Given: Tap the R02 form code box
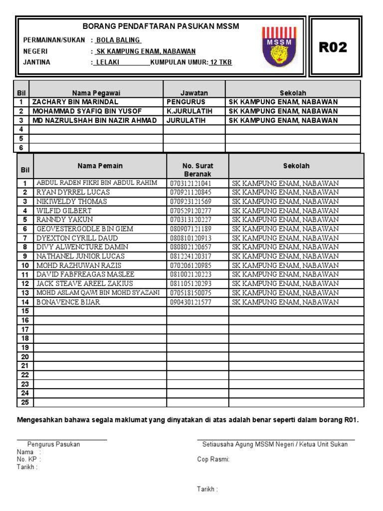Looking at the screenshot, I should pos(333,47).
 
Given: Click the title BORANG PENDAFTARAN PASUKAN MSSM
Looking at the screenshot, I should pos(161,26).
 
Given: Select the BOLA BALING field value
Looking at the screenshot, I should pos(118,40).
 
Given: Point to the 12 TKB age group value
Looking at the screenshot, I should pos(220,62).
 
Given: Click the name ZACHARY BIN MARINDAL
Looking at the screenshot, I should pos(75,102).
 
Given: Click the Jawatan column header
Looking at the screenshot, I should pos(194,93).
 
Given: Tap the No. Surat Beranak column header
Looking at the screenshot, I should pos(197,170).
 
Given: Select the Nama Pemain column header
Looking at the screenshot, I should pos(100,166).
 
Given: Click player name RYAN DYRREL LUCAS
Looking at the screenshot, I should pos(73,192).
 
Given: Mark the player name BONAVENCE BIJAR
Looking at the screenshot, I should pos(68,302).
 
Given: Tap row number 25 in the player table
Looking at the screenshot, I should pos(25,402).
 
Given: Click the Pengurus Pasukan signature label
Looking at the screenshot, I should pos(53,444).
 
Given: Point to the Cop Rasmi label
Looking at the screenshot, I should pos(213,460).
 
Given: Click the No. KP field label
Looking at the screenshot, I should pos(28,460).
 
